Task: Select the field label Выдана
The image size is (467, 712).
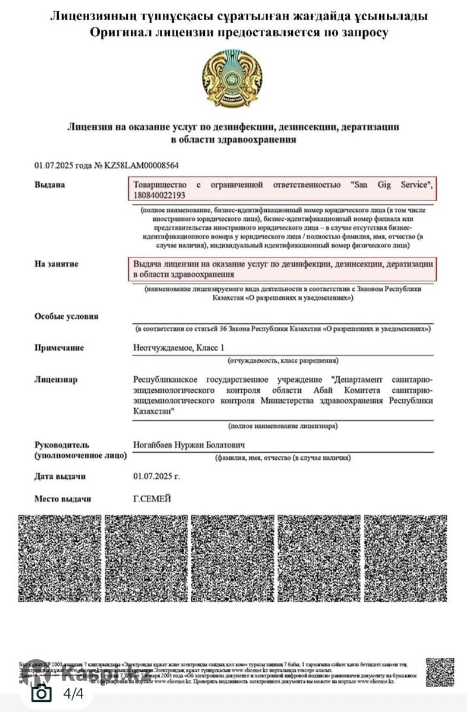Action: pos(50,185)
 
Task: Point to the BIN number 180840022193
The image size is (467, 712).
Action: pos(159,195)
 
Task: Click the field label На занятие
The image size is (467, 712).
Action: pos(56,263)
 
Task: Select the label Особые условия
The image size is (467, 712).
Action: pos(67,316)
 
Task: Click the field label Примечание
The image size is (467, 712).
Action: pos(59,348)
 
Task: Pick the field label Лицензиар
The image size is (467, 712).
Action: pos(56,380)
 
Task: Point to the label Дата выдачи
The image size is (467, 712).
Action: pos(60,476)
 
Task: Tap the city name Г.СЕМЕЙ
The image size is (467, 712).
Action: pos(152,499)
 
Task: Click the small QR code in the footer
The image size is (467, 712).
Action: pos(440,672)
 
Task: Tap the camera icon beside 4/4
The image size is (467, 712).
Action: pos(41,693)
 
